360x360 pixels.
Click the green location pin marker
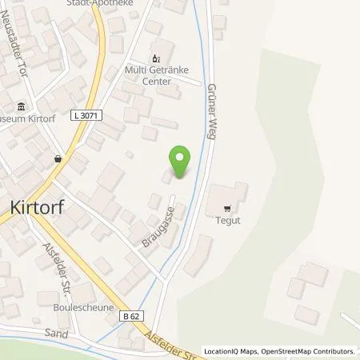click(181, 162)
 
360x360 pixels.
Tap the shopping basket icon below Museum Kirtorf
click(58, 158)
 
